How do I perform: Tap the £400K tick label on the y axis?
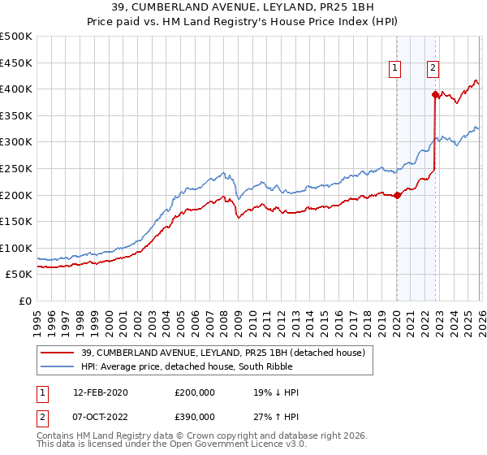[16, 89]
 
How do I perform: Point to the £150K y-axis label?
[16, 221]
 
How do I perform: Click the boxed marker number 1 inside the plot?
[395, 69]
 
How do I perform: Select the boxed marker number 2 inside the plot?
[433, 69]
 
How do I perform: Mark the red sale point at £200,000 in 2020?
[397, 195]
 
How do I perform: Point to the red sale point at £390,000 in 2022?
[435, 94]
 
